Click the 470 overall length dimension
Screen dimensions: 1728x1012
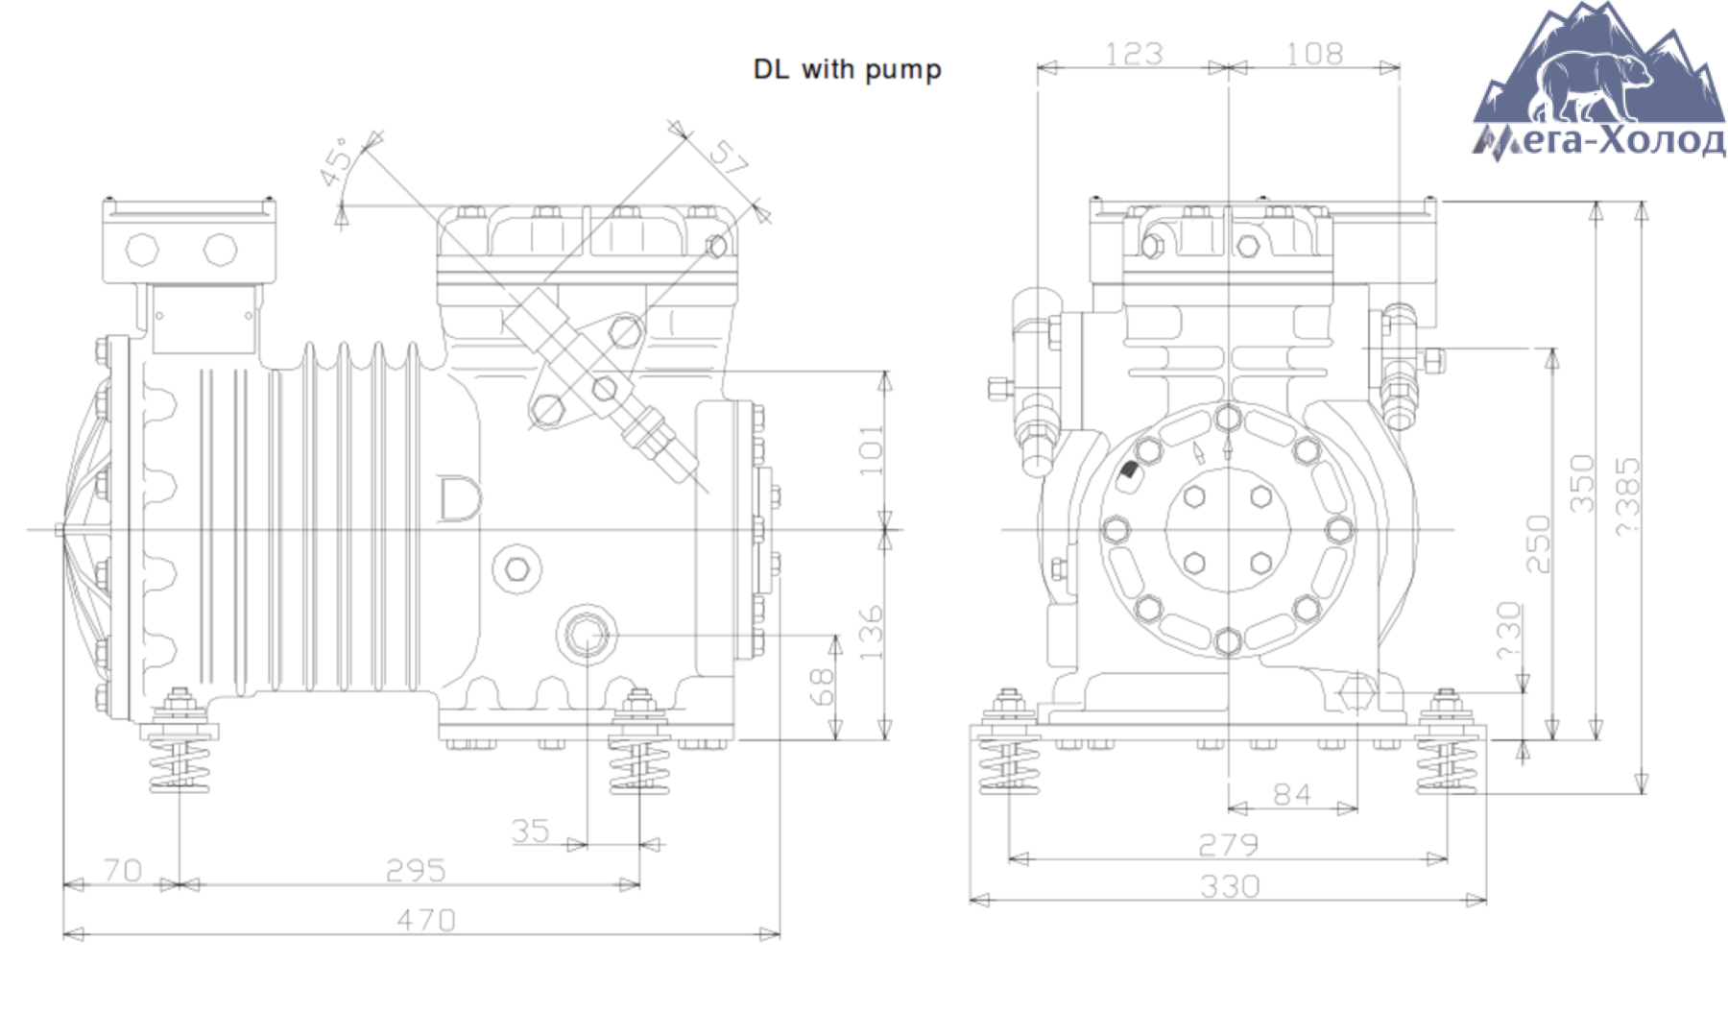426,920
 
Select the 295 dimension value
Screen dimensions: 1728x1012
416,870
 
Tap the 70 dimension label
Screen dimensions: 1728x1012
123,870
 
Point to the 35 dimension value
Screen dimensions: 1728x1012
530,831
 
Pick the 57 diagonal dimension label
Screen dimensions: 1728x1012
727,157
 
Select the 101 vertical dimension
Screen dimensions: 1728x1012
871,449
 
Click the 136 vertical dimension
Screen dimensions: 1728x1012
871,632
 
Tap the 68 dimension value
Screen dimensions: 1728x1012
823,687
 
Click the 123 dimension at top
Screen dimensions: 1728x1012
1134,54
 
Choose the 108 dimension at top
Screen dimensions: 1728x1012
1314,54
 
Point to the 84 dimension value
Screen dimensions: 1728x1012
1291,794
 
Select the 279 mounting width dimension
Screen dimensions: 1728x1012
1229,844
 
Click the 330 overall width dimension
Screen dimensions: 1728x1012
1230,885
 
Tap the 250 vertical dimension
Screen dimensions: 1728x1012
1538,543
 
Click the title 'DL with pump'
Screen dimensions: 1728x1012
847,70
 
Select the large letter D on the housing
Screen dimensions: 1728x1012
459,499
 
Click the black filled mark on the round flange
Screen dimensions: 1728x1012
1129,470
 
